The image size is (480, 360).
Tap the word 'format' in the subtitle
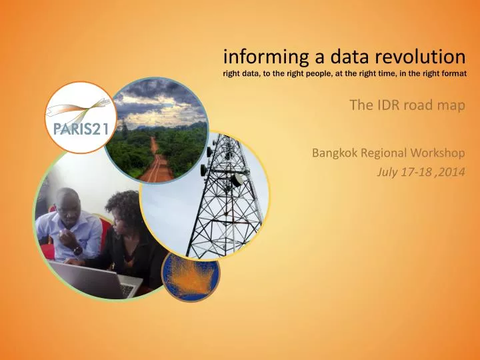click(x=451, y=73)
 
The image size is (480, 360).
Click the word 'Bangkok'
click(x=335, y=153)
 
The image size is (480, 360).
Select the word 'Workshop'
click(x=440, y=153)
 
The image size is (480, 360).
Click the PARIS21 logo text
click(x=78, y=129)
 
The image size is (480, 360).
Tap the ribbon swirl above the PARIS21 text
click(x=79, y=106)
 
